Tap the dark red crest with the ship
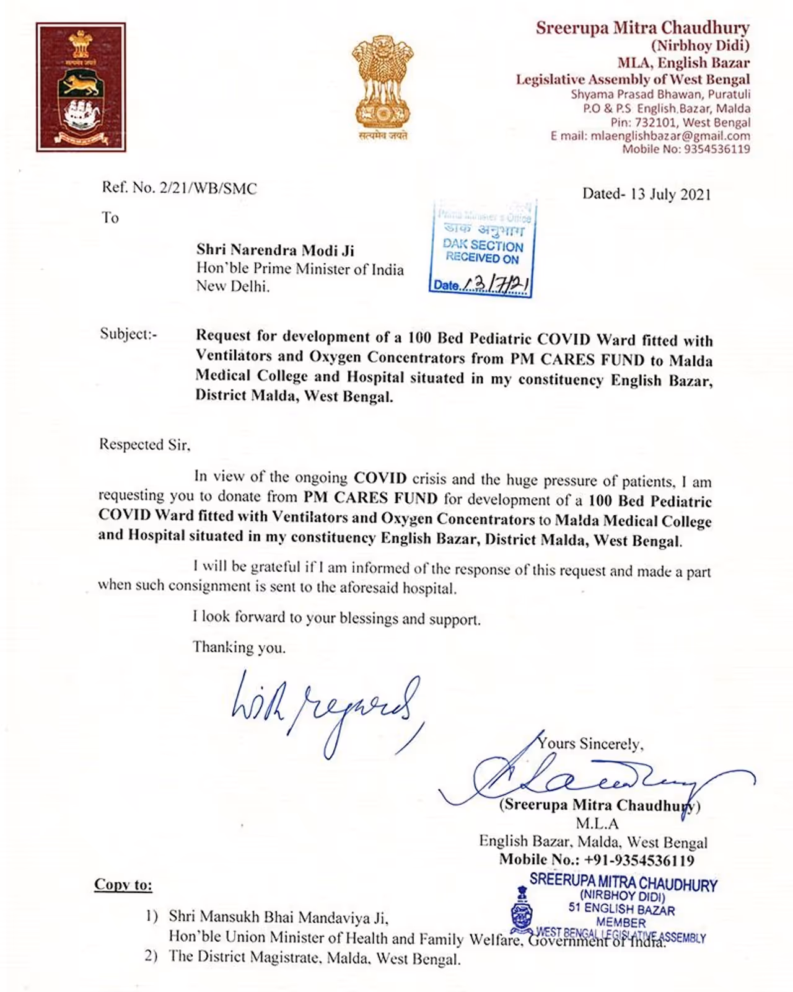[x=81, y=87]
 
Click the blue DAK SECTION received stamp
[x=482, y=248]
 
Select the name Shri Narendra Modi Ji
[x=275, y=250]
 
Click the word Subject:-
[x=129, y=334]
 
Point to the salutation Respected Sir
[x=144, y=445]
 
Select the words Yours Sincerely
[x=590, y=743]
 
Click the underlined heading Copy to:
[x=123, y=885]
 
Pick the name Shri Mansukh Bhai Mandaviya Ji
[x=278, y=917]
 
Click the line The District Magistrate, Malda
[x=315, y=958]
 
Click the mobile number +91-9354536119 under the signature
[x=639, y=860]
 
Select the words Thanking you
[x=239, y=648]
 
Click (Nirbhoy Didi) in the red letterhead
[x=699, y=45]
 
